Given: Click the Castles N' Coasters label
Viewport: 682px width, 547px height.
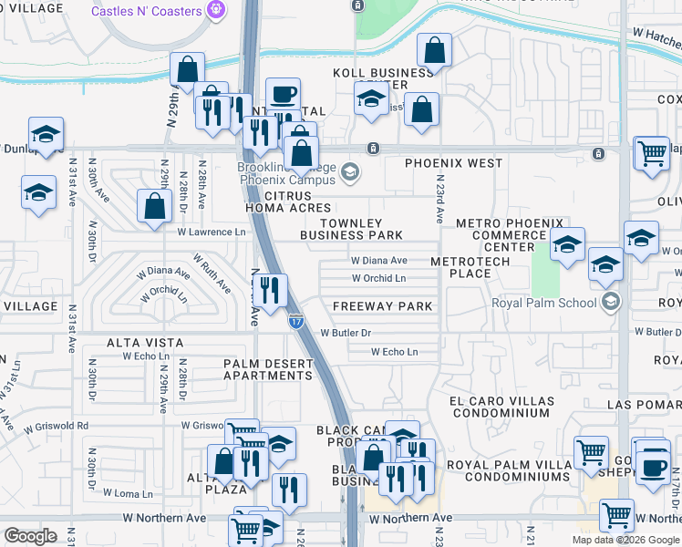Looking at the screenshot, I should tap(146, 11).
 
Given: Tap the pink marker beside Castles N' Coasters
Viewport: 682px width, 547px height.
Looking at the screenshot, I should tap(216, 11).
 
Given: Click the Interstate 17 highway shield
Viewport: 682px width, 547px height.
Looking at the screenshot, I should tap(296, 321).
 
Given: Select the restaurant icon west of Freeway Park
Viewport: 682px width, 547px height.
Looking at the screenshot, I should tap(270, 291).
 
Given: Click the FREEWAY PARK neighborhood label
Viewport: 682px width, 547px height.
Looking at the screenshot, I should tap(382, 306).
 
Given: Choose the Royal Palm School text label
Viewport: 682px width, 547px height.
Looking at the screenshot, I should tap(544, 303).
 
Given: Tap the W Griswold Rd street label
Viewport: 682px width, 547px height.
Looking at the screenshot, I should tap(57, 426).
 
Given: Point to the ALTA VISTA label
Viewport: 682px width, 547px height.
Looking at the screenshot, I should tap(145, 343).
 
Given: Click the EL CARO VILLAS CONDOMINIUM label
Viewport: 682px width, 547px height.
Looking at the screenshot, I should tap(501, 408).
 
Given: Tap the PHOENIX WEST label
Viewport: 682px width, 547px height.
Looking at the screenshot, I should tap(454, 163).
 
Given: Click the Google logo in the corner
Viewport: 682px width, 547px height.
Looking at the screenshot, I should tap(31, 536).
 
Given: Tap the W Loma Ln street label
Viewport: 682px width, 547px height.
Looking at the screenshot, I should tap(121, 492).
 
